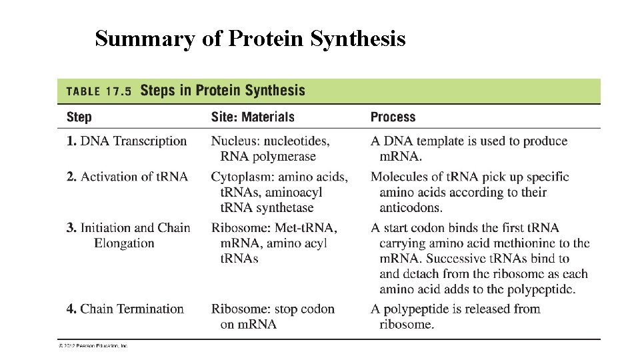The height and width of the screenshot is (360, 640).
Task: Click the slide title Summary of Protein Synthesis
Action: pos(250,39)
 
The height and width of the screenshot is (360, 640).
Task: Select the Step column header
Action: pos(79,117)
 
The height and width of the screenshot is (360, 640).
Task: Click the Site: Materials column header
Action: pos(253,117)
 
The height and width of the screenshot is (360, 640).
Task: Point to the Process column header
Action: pos(393,117)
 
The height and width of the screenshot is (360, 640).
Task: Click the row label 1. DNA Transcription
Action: pos(127,141)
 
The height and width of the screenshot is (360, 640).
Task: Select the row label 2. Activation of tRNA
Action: pos(127,177)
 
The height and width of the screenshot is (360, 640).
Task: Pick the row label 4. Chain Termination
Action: pos(125,309)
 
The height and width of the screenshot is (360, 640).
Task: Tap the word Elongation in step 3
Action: pos(124,243)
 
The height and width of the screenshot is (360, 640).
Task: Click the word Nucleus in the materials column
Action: pos(233,141)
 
